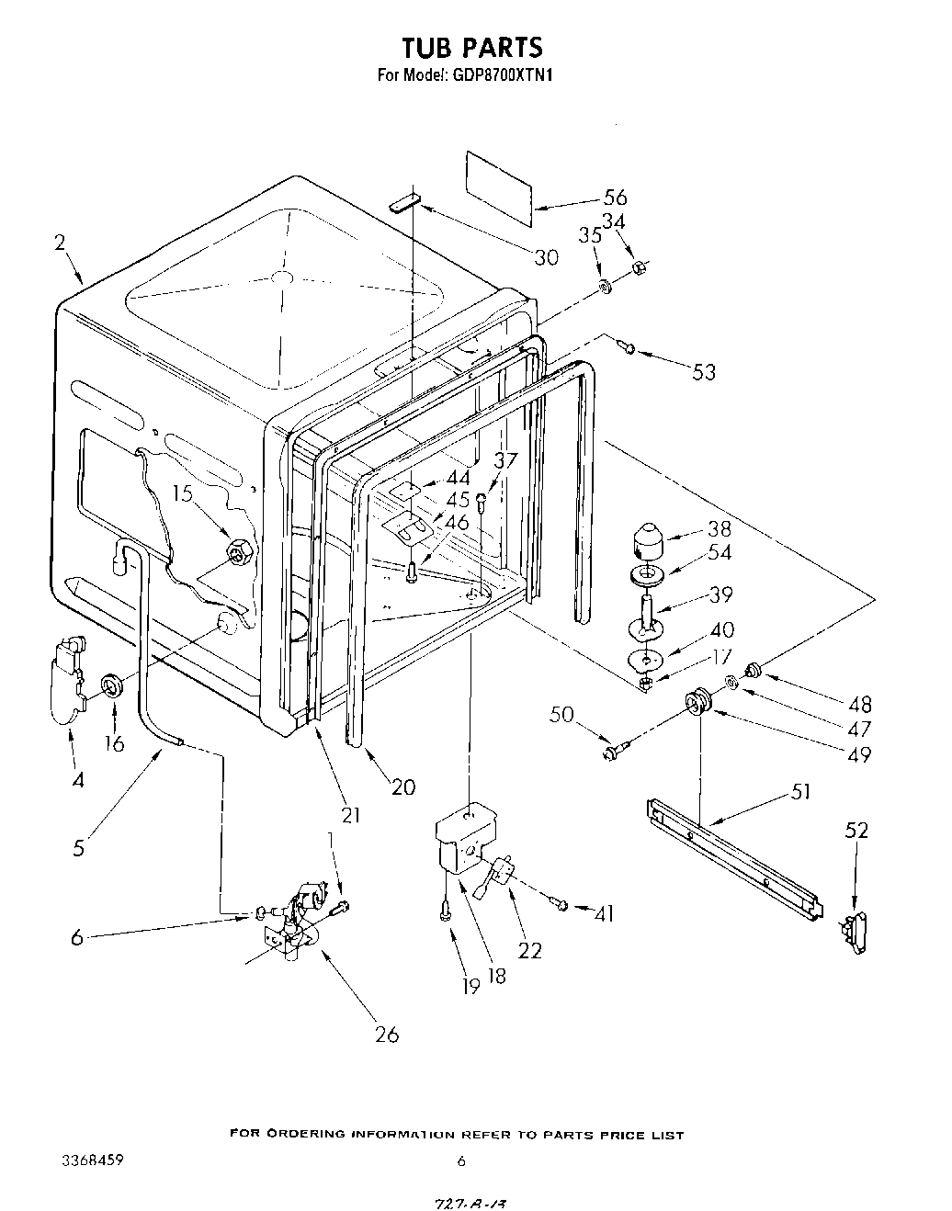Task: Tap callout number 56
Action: pyautogui.click(x=615, y=197)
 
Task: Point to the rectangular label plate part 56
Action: pyautogui.click(x=499, y=188)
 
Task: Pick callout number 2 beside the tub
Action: pyautogui.click(x=60, y=243)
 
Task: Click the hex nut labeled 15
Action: pyautogui.click(x=239, y=552)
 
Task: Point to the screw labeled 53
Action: pyautogui.click(x=627, y=346)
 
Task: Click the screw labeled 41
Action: pyautogui.click(x=561, y=906)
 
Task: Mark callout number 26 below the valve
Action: pyautogui.click(x=387, y=1034)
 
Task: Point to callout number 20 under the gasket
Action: pyautogui.click(x=403, y=787)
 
